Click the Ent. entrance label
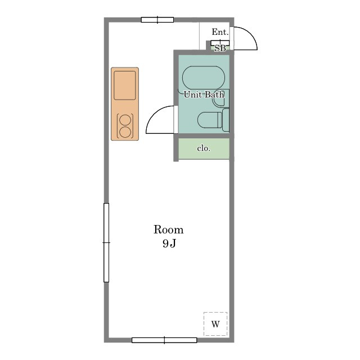[220, 32]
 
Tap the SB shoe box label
[220, 48]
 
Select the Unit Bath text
[204, 94]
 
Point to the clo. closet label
[204, 148]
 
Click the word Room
[169, 229]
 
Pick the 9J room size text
[169, 244]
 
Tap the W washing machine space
[215, 324]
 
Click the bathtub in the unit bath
[204, 78]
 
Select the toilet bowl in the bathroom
[209, 120]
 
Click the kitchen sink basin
[125, 85]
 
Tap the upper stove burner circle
[125, 120]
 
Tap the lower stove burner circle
[125, 132]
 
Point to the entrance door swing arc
[250, 33]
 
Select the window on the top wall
[157, 20]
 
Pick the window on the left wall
[106, 242]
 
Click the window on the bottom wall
[164, 340]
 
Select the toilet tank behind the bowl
[226, 120]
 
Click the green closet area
[204, 148]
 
